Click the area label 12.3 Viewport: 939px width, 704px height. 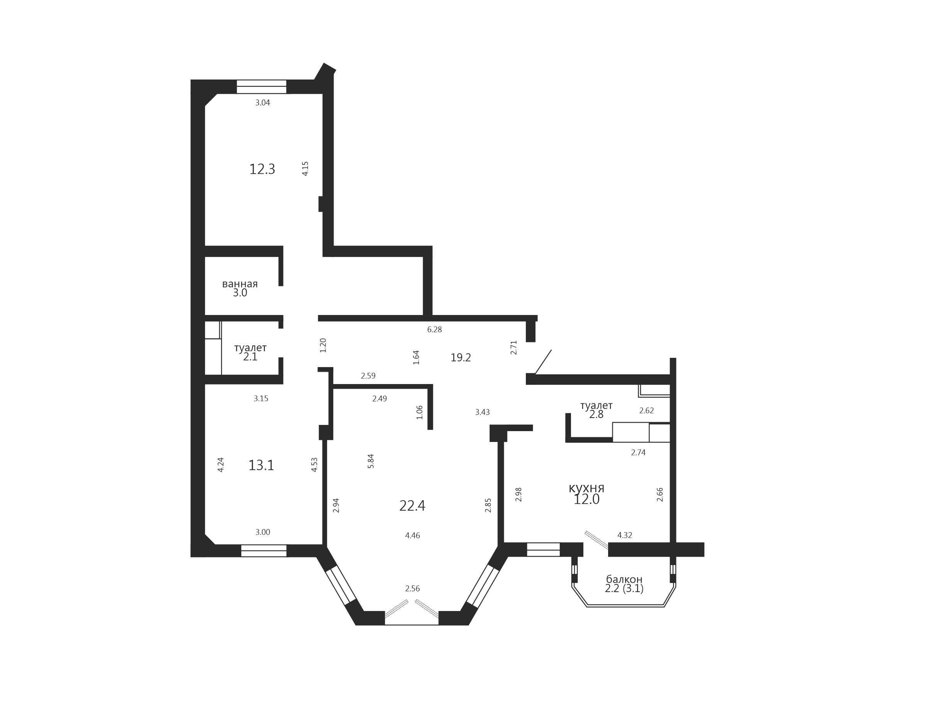coord(262,169)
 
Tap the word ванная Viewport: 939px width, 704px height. coord(240,284)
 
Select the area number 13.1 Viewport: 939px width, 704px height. coord(261,465)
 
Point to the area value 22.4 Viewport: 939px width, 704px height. coord(412,506)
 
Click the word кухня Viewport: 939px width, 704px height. coord(586,488)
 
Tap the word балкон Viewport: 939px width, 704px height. coord(624,579)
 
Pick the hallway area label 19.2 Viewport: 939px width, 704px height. coord(461,358)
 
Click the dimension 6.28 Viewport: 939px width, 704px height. coord(434,330)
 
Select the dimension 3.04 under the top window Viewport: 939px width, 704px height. coord(262,103)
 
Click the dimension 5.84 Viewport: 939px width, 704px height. coord(371,461)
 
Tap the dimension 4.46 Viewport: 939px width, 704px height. coord(412,536)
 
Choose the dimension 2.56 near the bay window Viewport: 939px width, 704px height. coord(412,589)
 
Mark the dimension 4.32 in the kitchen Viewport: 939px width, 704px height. coord(624,535)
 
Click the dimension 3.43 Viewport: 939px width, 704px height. coord(482,412)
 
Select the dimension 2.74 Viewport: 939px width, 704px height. coord(638,453)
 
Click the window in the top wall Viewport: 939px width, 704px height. coord(261,86)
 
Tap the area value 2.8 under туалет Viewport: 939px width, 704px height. coord(596,415)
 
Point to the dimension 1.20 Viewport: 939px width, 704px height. coord(323,345)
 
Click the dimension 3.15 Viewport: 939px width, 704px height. coord(261,398)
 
